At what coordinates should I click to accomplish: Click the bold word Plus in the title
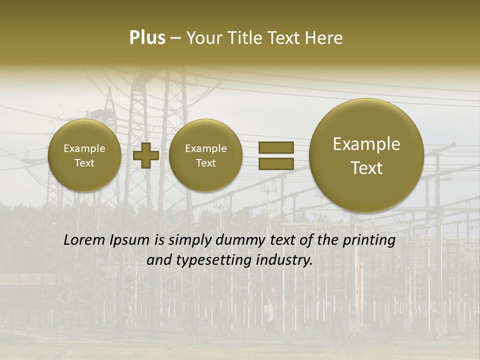click(147, 38)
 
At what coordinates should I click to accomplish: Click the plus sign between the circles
click(145, 155)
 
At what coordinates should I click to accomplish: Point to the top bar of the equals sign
click(275, 147)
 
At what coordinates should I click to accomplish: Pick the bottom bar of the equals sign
click(275, 163)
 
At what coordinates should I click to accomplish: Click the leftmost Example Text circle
click(84, 155)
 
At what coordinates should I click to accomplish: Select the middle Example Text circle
click(205, 155)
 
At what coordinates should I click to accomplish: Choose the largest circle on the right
click(366, 155)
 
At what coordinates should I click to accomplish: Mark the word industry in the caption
click(284, 260)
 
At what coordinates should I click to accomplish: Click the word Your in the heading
click(203, 38)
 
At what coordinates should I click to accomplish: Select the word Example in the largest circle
click(366, 144)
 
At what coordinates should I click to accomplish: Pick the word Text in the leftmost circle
click(84, 163)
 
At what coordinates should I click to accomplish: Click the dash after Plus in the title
click(175, 38)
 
